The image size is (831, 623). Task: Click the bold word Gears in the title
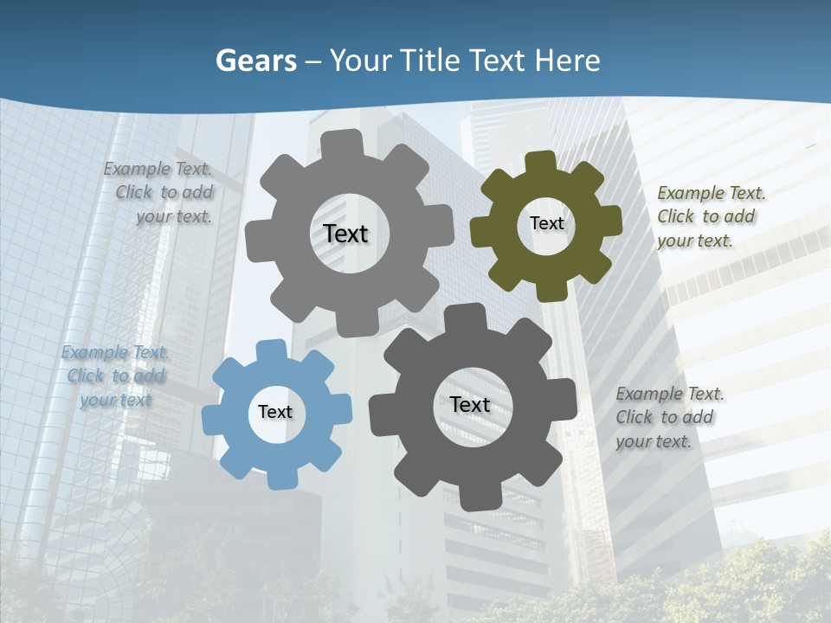click(x=255, y=61)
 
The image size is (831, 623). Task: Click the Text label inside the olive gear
click(x=546, y=223)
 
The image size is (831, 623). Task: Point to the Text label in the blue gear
click(x=275, y=412)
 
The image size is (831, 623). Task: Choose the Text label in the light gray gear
click(x=345, y=234)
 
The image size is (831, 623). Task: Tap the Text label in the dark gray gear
click(x=470, y=404)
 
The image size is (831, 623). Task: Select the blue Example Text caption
click(x=115, y=376)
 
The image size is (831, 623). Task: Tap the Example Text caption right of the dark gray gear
click(x=668, y=417)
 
